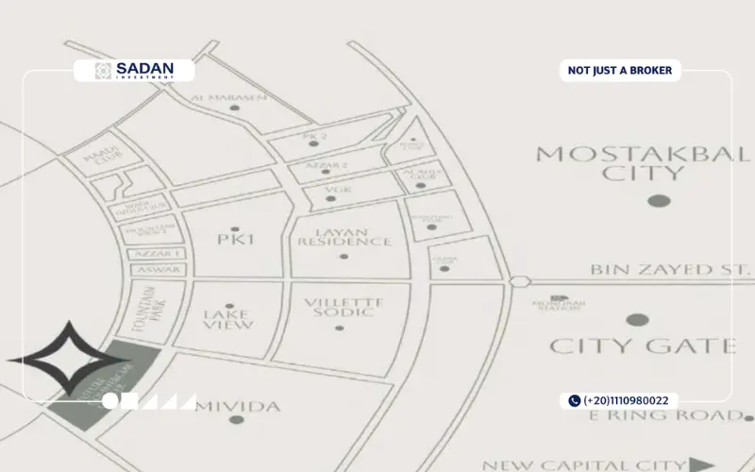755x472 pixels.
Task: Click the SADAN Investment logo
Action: point(134,71)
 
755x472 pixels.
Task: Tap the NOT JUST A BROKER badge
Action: point(619,71)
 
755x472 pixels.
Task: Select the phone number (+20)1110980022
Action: point(624,401)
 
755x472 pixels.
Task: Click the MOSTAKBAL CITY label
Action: point(643,162)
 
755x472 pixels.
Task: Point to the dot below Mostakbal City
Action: point(659,200)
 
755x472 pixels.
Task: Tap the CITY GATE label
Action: point(643,346)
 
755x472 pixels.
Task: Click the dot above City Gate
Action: point(638,320)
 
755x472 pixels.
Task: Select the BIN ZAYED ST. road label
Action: point(663,270)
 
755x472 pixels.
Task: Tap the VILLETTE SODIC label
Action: point(341,308)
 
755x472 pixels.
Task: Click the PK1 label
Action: point(236,240)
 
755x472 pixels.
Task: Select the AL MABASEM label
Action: point(224,96)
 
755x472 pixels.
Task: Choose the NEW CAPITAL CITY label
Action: point(583,464)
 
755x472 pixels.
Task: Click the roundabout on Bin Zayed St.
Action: point(517,281)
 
